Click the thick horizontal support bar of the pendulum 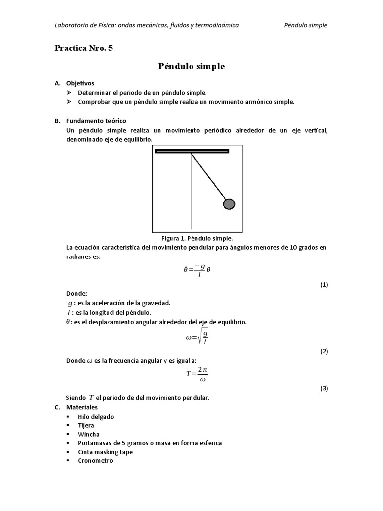point(192,151)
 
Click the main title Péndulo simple point(191,66)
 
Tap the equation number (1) point(324,285)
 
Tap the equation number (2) point(324,351)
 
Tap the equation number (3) point(324,388)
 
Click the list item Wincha point(89,434)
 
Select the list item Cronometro point(95,461)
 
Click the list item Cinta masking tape point(105,452)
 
